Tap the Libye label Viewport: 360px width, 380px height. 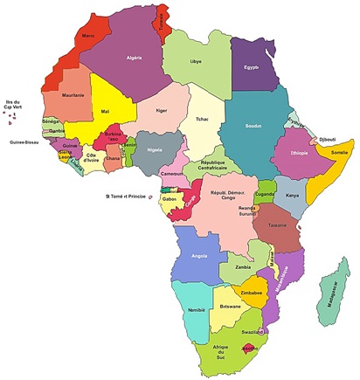point(197,62)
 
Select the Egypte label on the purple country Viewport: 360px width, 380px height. point(252,67)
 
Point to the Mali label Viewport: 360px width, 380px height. point(106,112)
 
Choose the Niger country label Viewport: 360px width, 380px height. point(161,111)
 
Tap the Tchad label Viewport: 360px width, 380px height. point(203,119)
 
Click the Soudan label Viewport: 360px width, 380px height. point(253,126)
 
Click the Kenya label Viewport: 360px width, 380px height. point(294,196)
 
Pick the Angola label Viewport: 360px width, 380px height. point(198,256)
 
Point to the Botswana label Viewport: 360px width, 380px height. point(231,307)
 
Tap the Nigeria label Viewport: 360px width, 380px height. point(156,149)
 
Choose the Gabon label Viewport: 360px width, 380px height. point(170,199)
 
